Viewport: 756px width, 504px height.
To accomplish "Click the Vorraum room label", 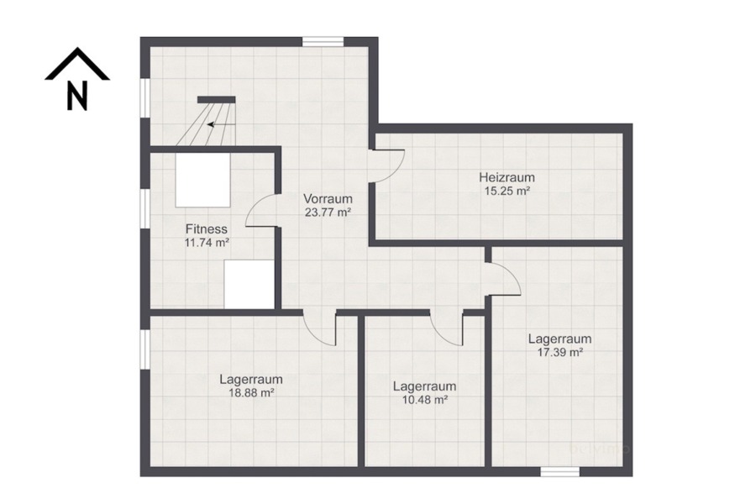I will (x=328, y=198).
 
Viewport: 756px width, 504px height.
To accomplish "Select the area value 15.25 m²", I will (x=507, y=191).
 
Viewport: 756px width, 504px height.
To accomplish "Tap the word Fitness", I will (x=207, y=228).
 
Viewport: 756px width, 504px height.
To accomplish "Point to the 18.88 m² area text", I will (x=251, y=392).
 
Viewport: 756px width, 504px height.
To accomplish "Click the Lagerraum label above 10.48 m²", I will (x=424, y=386).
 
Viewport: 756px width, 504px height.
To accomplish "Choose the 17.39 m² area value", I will (x=559, y=353).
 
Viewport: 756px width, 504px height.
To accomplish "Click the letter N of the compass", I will (x=77, y=97).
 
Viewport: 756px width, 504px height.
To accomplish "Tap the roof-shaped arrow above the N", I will (x=77, y=64).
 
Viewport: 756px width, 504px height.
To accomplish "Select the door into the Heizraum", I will (x=388, y=165).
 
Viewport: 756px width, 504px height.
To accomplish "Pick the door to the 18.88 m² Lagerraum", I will (x=320, y=328).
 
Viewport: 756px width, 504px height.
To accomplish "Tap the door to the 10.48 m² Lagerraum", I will (x=446, y=328).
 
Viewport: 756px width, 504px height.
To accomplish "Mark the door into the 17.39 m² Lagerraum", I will (x=503, y=279).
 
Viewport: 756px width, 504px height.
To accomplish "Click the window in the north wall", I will (x=323, y=41).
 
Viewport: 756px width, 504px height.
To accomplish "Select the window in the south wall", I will (x=559, y=471).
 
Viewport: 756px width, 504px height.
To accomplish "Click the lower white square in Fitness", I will (x=249, y=285).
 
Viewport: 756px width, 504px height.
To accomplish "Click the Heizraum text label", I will (x=507, y=177).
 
